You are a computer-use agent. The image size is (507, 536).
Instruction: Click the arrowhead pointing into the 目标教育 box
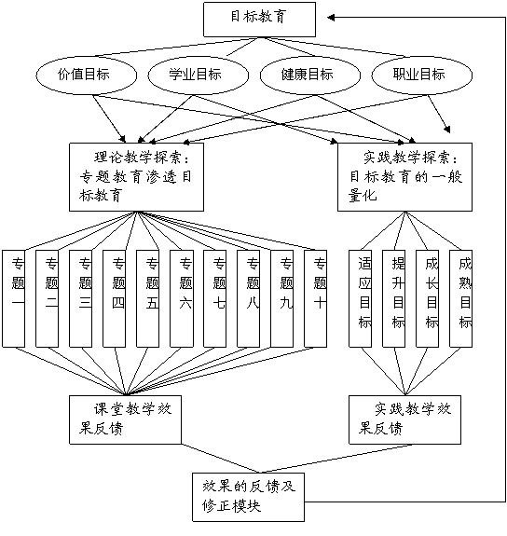pyautogui.click(x=331, y=18)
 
